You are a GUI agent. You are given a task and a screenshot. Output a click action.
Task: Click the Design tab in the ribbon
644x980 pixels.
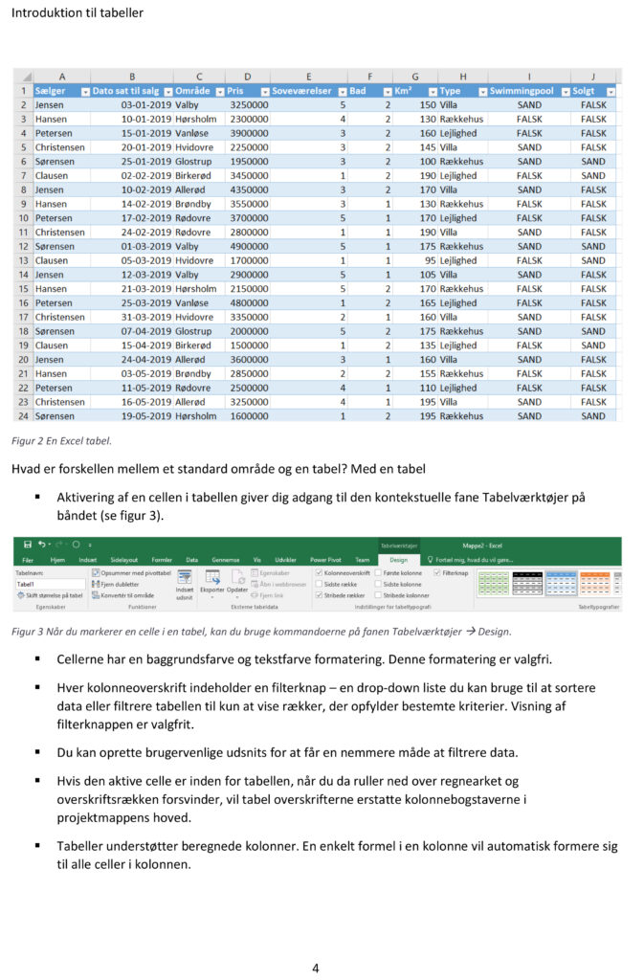click(x=398, y=560)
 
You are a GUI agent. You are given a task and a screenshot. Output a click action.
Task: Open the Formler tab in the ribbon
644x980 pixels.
click(x=162, y=560)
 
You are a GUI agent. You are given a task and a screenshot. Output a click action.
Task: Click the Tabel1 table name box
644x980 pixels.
click(x=48, y=583)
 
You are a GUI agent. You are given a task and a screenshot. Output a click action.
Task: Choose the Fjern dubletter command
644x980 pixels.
click(x=121, y=583)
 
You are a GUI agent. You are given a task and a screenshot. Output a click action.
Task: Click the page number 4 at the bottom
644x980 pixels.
click(x=316, y=968)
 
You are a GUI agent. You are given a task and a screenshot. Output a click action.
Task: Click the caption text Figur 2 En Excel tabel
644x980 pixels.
click(x=61, y=441)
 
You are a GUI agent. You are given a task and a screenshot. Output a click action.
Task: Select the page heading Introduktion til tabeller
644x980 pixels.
click(x=77, y=13)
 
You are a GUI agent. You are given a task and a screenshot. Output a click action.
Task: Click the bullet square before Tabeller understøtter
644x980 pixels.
click(x=38, y=846)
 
